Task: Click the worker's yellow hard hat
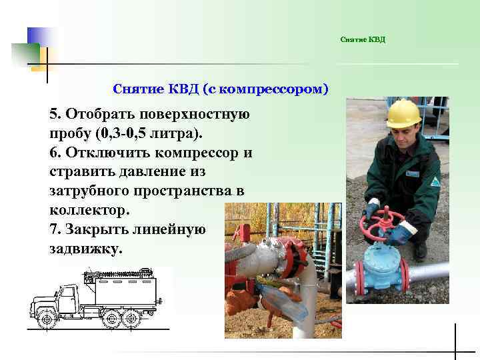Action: coord(403,113)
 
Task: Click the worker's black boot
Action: coord(419,251)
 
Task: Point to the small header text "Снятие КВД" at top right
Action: coord(363,40)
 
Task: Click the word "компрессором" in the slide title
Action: coord(270,89)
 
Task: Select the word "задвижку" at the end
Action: coord(84,248)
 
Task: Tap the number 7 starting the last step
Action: coord(53,229)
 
